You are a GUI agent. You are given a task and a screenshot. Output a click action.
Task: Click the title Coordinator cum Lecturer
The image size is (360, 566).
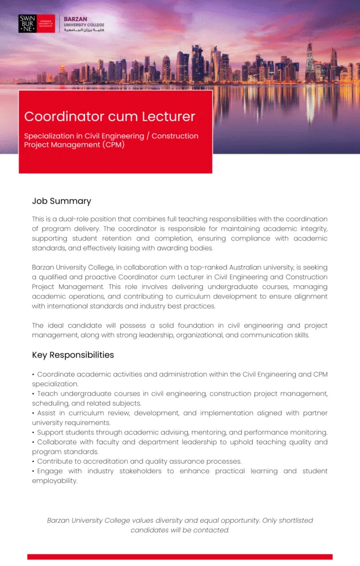coord(109,117)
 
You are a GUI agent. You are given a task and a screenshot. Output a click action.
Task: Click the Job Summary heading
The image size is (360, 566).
coord(61,201)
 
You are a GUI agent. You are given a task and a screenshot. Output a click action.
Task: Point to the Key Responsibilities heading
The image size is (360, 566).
coord(73,355)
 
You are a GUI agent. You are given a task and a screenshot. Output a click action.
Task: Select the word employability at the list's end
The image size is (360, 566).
coord(54,481)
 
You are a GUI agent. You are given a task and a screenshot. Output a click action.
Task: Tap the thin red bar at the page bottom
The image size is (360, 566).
coord(180,557)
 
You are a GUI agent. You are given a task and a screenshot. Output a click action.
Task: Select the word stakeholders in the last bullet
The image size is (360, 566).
coord(138,471)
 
